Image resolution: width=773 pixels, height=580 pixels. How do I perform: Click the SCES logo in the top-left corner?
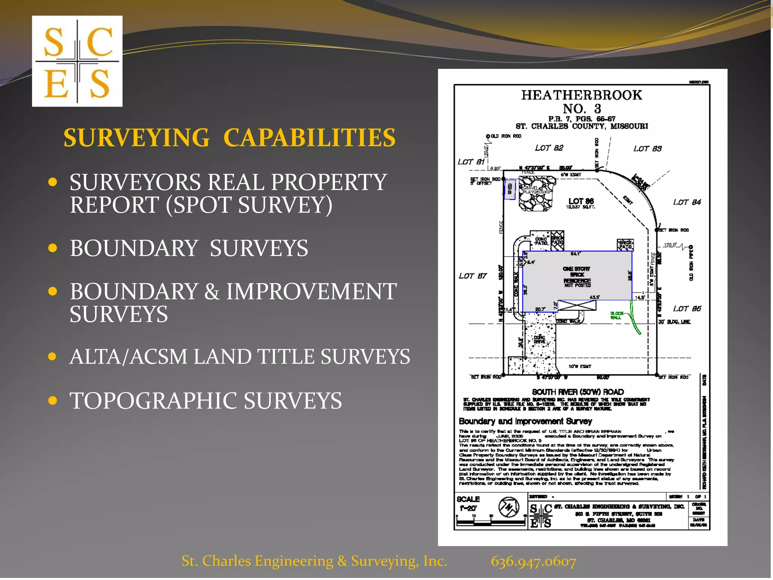tap(77, 61)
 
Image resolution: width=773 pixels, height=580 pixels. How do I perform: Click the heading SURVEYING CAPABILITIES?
tap(229, 137)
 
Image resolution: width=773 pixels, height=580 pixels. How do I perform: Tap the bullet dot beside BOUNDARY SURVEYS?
tap(53, 248)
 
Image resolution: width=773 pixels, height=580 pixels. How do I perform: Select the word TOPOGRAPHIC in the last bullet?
tap(154, 401)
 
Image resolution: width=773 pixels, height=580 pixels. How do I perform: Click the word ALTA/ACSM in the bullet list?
tap(128, 356)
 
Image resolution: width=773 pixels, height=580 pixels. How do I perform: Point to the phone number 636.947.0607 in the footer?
tap(533, 561)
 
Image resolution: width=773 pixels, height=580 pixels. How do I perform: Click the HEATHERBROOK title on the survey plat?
tap(582, 95)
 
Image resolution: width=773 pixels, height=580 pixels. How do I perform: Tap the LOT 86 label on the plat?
tap(581, 201)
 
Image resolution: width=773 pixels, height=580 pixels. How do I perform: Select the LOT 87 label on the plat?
tap(473, 276)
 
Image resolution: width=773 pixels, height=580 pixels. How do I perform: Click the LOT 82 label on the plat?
tap(549, 148)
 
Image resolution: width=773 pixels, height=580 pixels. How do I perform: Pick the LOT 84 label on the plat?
tap(687, 202)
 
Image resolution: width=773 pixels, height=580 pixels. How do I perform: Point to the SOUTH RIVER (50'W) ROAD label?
tap(578, 392)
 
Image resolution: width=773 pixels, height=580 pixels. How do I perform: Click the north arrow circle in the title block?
tap(508, 507)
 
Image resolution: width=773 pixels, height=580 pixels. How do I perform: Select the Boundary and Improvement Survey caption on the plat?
tap(525, 421)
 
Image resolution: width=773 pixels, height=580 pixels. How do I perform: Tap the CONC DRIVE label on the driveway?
tap(539, 339)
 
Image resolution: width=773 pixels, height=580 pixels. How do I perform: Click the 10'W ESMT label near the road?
tap(580, 366)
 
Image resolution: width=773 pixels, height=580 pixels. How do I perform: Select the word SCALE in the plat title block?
tap(468, 499)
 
